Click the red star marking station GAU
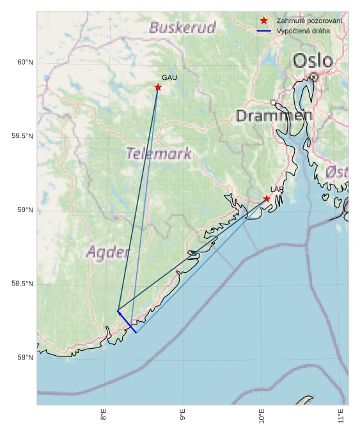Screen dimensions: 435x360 158,87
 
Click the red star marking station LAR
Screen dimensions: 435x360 267,199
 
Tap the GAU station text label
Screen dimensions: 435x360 169,77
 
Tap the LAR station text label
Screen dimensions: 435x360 277,190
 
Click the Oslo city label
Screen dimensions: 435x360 313,61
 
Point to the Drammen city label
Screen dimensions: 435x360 274,116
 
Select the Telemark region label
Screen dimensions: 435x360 159,153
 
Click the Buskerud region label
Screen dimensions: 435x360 182,27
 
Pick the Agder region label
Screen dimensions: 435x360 108,252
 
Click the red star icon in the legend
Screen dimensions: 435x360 263,20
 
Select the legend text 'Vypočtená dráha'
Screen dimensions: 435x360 303,31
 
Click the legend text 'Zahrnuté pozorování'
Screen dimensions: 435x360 309,20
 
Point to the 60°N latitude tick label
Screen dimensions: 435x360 24,62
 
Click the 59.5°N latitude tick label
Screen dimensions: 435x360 22,136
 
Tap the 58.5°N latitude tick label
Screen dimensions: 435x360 22,284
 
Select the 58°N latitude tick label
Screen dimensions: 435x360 24,357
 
